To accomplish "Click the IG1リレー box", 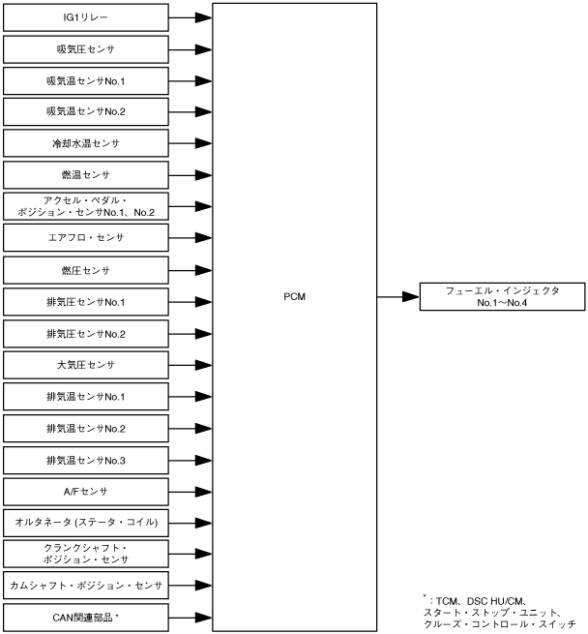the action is point(85,17).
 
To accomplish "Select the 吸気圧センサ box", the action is point(85,48).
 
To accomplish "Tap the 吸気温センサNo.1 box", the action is point(85,80).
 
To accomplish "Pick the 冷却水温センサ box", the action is point(85,143).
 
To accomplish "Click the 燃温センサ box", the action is point(85,175).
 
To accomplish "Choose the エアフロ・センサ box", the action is point(85,238).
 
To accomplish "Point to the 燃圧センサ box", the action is point(85,270).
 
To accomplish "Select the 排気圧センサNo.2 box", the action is point(85,333).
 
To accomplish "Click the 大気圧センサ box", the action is point(85,365).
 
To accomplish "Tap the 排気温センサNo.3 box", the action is point(85,460).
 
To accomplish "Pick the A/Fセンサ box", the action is point(85,491).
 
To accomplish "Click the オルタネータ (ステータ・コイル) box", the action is point(85,523).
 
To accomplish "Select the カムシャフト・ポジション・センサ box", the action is point(85,586).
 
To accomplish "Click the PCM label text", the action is point(294,296).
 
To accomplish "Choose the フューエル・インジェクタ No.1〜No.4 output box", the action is point(502,296).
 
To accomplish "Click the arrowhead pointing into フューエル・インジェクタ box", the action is point(410,296).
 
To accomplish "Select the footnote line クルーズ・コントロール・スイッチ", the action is point(499,625).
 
